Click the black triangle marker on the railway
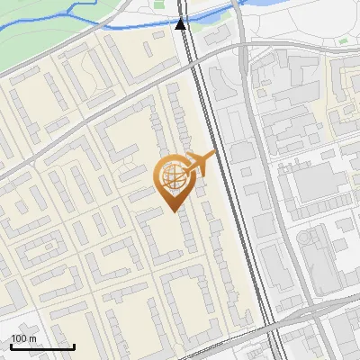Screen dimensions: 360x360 pyautogui.click(x=181, y=24)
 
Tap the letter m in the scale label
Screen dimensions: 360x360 pyautogui.click(x=32, y=338)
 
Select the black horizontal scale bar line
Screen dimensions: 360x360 pyautogui.click(x=42, y=347)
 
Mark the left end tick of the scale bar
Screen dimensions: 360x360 pyautogui.click(x=11, y=346)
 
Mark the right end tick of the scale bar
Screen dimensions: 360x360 pyautogui.click(x=74, y=346)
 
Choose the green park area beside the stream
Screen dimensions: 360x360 pyautogui.click(x=36, y=45)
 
